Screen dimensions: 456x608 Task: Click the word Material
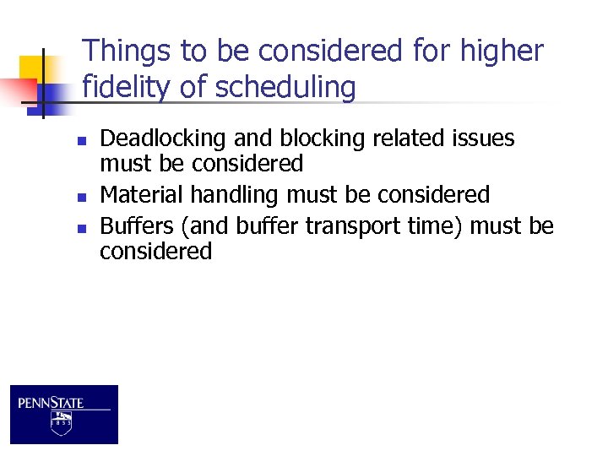142,195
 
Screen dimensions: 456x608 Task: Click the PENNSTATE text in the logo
51,403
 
